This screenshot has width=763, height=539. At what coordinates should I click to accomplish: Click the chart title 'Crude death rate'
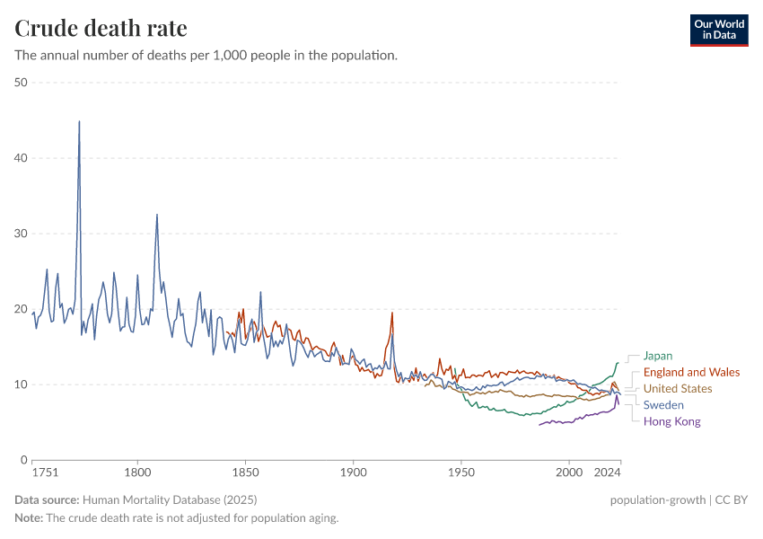(x=101, y=29)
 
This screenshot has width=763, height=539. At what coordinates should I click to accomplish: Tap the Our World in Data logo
(x=718, y=30)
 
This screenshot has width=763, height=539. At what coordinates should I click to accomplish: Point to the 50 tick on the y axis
(x=21, y=83)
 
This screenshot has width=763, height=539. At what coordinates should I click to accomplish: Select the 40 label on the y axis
(x=21, y=158)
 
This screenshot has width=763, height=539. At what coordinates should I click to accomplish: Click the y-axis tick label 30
(x=21, y=234)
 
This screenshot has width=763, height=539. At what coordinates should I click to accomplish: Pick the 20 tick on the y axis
(x=21, y=309)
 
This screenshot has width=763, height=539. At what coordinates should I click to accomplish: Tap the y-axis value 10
(x=21, y=384)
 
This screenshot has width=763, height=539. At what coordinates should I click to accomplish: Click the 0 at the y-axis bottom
(x=24, y=460)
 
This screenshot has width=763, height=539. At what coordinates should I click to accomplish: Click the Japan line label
(x=657, y=356)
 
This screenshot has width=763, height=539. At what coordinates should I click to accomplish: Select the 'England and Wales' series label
(x=691, y=372)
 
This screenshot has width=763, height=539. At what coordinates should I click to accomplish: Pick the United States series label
(x=678, y=389)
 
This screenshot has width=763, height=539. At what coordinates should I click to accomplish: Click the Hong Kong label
(x=671, y=421)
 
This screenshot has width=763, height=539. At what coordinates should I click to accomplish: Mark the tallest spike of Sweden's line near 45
(x=79, y=122)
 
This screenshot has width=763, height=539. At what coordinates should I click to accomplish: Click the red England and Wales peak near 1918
(x=391, y=314)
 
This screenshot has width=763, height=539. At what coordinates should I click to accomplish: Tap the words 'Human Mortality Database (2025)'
(x=170, y=500)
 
